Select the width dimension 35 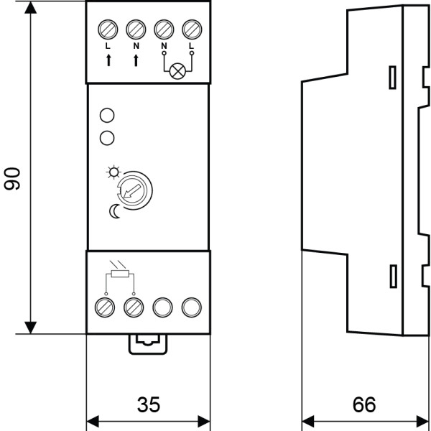pos(148,404)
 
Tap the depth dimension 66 pos(365,404)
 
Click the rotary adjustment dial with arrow pos(134,191)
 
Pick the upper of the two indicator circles pos(107,115)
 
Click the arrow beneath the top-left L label pos(108,60)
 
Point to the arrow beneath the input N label pos(135,60)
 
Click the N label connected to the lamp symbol pos(164,47)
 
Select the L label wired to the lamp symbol pos(190,47)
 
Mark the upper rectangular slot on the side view pos(392,78)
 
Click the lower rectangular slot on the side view pos(392,274)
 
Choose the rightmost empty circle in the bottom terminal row pos(190,307)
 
